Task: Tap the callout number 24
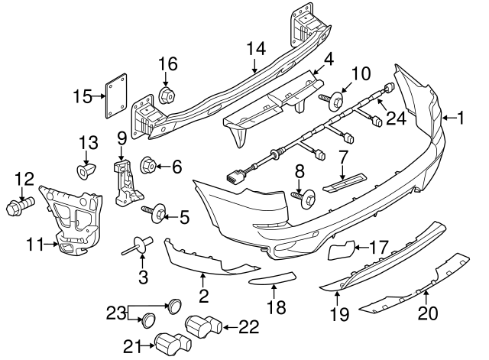(x=394, y=118)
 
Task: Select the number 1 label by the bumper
(x=462, y=118)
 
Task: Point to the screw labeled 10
(x=328, y=98)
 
